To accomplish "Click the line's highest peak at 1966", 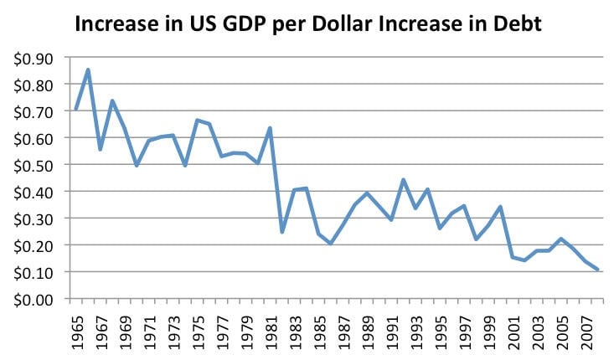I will click(x=88, y=69).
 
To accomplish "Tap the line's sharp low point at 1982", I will click(x=281, y=232).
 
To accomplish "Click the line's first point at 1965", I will click(x=76, y=109).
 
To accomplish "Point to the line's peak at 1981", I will click(x=269, y=128).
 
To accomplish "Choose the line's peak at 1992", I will click(x=402, y=179).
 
